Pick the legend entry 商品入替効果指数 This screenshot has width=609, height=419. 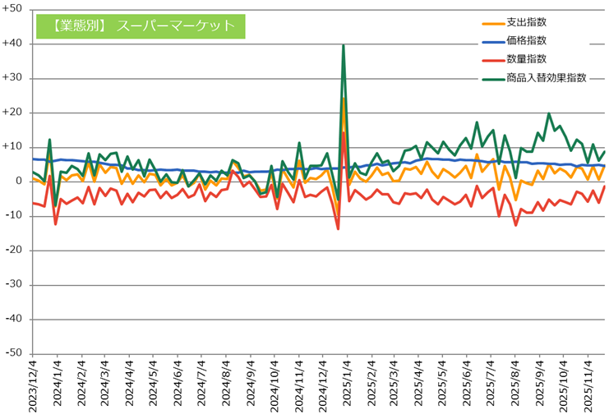(547, 78)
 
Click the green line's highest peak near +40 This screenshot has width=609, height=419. (343, 46)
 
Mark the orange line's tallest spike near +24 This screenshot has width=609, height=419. (344, 99)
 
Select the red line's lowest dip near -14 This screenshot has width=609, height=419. (338, 228)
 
